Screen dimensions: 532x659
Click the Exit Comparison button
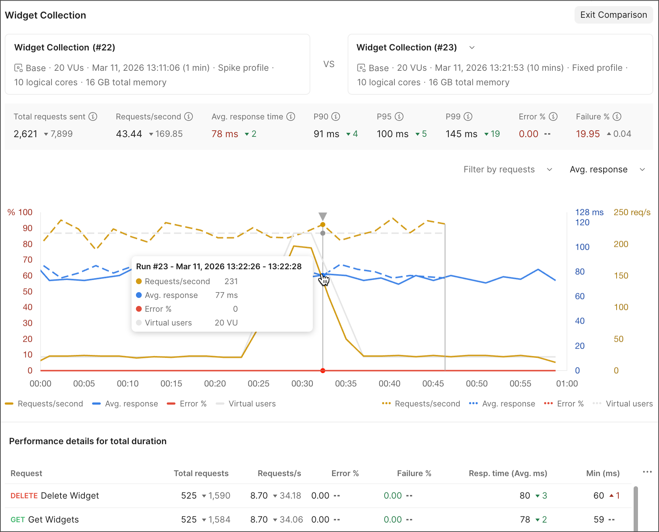click(x=613, y=15)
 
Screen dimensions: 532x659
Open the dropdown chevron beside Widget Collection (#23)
click(x=472, y=48)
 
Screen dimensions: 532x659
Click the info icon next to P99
click(x=468, y=116)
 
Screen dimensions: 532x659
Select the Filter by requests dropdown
click(x=507, y=169)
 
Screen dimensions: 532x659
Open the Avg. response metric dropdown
click(x=607, y=169)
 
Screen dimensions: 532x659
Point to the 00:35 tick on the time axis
click(x=346, y=384)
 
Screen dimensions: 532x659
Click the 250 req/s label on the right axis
click(x=632, y=212)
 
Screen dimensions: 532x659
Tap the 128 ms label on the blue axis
click(x=589, y=212)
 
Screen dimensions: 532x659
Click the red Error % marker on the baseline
click(x=323, y=371)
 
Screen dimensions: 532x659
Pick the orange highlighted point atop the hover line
click(x=323, y=225)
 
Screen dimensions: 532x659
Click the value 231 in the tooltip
click(x=231, y=281)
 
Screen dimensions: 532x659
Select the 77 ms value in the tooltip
click(x=226, y=295)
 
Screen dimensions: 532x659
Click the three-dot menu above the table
click(x=647, y=472)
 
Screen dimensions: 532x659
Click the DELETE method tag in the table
click(x=24, y=496)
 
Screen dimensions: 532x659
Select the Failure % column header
click(x=414, y=473)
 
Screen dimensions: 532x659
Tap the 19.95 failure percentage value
click(x=588, y=134)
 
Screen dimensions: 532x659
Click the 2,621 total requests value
click(x=25, y=134)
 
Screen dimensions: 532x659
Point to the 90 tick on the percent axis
click(x=28, y=228)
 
